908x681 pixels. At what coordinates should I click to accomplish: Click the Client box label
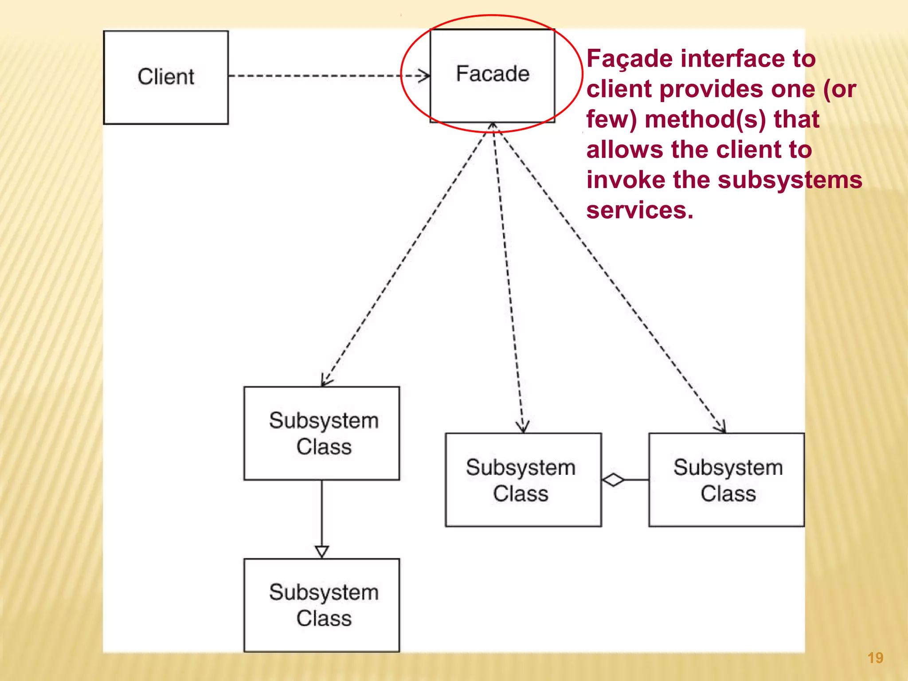165,77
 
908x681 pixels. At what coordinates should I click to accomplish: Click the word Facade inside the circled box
493,74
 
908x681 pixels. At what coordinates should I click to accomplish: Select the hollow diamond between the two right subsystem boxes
614,480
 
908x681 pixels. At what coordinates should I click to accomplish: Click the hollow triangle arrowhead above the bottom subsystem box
322,552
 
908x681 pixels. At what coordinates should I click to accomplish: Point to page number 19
875,658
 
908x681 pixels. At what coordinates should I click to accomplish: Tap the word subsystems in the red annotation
790,180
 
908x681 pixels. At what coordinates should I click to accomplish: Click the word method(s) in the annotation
705,119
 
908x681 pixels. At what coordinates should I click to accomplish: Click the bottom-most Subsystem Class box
322,605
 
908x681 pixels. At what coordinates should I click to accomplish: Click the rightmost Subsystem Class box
727,480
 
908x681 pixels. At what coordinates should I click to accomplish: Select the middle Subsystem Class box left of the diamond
523,480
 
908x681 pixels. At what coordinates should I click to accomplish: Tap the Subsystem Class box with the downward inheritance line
322,433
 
